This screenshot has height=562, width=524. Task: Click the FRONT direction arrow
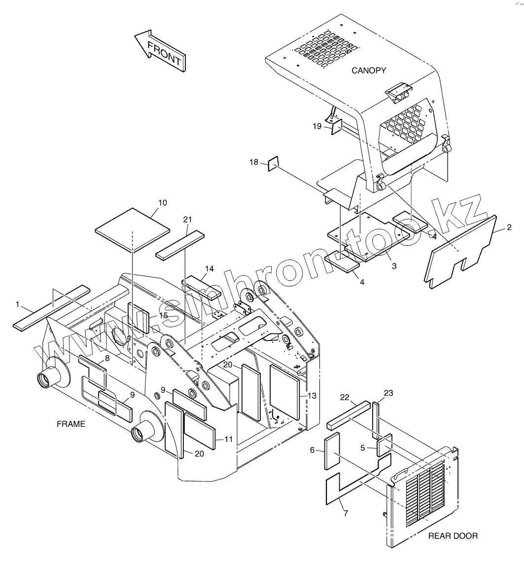click(161, 51)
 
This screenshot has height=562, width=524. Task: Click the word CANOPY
click(369, 71)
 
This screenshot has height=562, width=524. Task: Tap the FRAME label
click(71, 424)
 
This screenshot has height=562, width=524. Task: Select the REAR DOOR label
click(453, 536)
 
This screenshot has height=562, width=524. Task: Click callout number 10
click(163, 203)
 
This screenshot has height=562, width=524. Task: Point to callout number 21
click(187, 219)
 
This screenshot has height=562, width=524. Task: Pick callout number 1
click(18, 304)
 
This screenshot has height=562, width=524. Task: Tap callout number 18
click(253, 162)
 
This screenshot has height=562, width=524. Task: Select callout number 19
click(317, 126)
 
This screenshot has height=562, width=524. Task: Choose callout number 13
click(312, 395)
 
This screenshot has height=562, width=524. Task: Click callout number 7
click(346, 513)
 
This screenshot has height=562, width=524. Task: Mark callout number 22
click(345, 398)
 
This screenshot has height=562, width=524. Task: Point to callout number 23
click(388, 393)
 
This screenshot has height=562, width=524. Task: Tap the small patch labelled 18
click(274, 163)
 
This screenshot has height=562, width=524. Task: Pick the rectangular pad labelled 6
click(332, 450)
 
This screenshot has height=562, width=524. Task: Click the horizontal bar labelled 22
click(348, 415)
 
